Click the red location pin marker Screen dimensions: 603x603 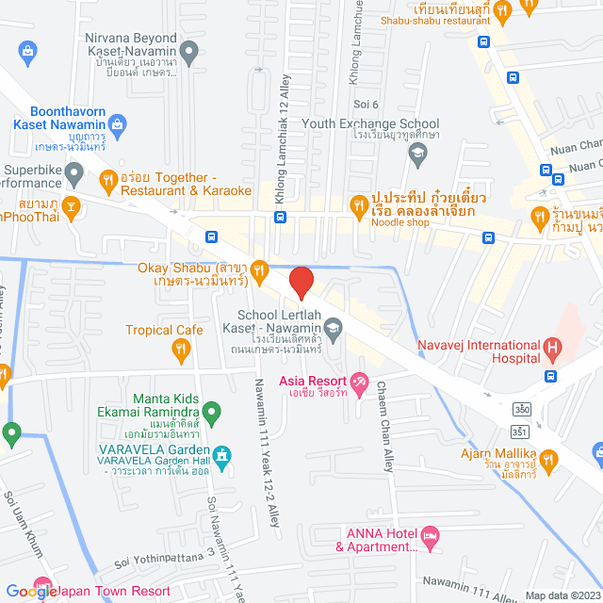301,282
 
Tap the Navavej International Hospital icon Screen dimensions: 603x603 553,351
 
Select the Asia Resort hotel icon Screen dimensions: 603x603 359,381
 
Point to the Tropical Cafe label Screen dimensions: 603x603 165,330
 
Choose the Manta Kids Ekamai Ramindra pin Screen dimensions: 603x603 212,411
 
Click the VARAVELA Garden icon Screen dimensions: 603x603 221,457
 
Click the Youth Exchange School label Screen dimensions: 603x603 370,123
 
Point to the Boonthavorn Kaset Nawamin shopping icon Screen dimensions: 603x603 118,122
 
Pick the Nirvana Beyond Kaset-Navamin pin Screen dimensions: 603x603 189,52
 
